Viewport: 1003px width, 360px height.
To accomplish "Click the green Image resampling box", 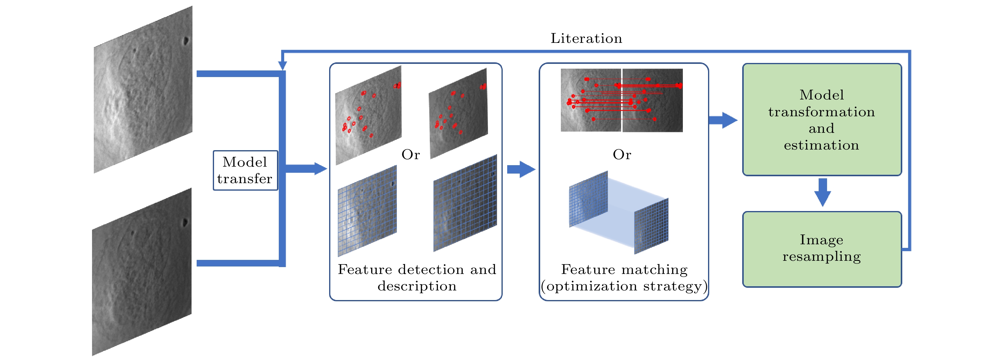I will click(x=822, y=249).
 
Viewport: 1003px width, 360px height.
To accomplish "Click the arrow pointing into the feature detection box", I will click(x=308, y=168).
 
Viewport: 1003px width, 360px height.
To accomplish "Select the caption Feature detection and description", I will click(x=417, y=278).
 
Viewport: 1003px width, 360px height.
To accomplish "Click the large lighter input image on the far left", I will click(x=143, y=90).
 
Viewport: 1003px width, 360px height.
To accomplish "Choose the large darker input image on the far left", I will click(x=142, y=272).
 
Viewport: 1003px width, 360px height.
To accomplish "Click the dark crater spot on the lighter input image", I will click(x=186, y=40).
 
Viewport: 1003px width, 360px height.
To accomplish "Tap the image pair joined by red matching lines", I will click(x=622, y=100).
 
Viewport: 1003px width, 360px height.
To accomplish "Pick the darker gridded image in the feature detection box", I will click(x=465, y=204).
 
